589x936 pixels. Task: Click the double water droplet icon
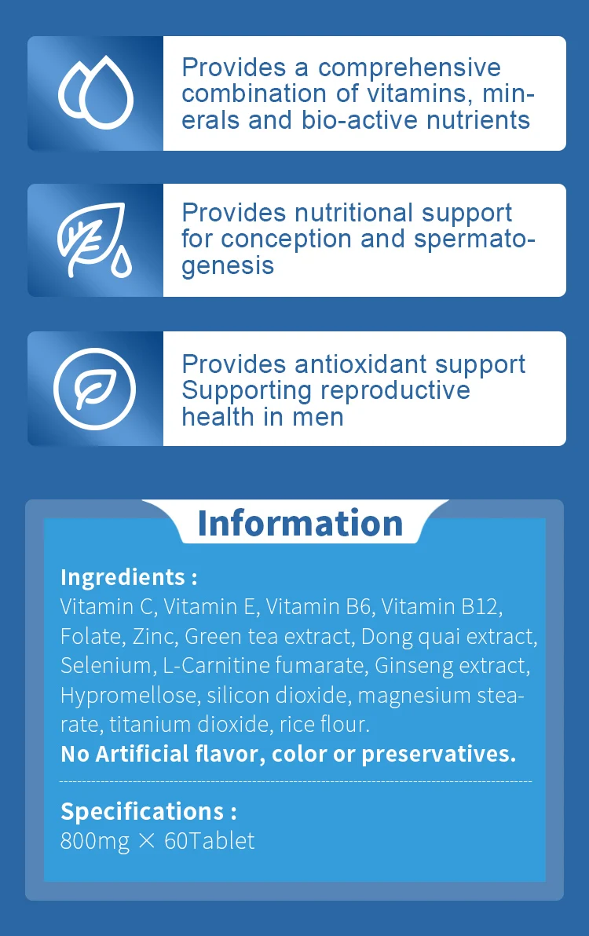point(96,94)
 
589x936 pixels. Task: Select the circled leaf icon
point(96,388)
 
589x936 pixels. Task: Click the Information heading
point(300,523)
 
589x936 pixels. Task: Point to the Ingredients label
point(128,577)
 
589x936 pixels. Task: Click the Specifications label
point(148,811)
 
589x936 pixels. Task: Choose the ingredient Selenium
point(104,666)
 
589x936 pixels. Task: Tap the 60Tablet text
point(210,841)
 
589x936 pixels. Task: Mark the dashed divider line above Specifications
point(295,782)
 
